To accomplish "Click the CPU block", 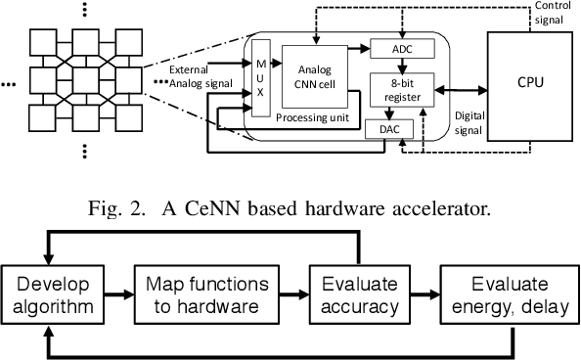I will (528, 84).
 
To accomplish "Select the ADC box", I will (390, 49).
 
